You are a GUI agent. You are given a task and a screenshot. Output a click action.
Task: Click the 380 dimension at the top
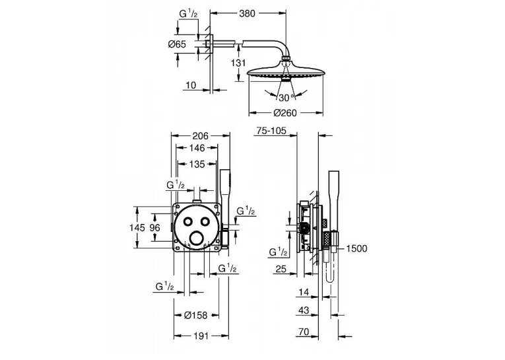pos(247,13)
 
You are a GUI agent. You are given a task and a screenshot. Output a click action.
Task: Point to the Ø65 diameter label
pos(177,44)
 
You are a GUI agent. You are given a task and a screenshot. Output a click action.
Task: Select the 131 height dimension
pos(238,63)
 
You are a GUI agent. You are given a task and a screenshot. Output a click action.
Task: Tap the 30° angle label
pos(286,97)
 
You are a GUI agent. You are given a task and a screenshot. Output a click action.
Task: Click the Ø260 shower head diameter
pos(285,113)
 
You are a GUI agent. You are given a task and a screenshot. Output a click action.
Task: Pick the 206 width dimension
pos(200,135)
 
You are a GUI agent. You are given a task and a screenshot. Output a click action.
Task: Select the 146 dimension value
pos(197,148)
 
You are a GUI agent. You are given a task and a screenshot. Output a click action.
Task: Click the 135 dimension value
pos(197,164)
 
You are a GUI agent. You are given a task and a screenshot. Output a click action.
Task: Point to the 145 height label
pos(137,228)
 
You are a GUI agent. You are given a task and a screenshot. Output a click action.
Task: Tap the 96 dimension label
pos(155,228)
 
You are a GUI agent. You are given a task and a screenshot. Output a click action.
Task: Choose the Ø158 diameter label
pos(195,315)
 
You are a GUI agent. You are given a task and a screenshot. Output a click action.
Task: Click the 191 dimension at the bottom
pos(201,336)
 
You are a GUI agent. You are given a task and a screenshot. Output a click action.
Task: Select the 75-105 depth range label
pos(271,131)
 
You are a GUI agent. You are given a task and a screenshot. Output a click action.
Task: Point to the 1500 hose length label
pos(356,248)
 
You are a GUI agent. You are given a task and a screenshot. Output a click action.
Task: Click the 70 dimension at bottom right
pos(304,332)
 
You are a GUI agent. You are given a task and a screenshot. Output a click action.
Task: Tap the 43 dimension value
pos(304,310)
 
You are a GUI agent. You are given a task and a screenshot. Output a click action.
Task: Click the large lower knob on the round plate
pos(197,239)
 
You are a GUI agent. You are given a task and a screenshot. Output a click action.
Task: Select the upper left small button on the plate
pos(187,221)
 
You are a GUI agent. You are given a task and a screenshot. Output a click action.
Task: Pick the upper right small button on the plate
pos(205,221)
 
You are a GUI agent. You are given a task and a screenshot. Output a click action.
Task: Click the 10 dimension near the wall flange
pos(191,85)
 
